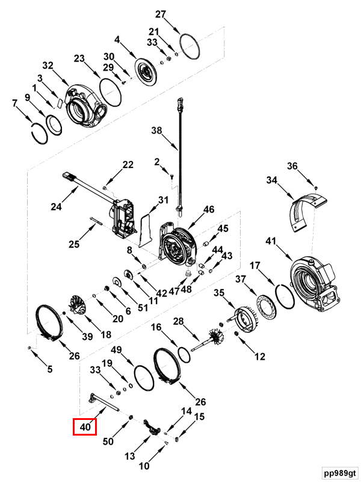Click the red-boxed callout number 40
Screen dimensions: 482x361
point(84,427)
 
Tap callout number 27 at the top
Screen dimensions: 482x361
point(160,14)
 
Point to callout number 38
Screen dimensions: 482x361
point(156,130)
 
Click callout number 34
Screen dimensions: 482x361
point(271,180)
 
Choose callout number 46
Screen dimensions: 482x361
point(208,210)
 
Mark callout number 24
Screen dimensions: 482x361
point(56,207)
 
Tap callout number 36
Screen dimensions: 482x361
point(292,166)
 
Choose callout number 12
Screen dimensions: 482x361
point(259,357)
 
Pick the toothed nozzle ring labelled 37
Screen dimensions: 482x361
point(265,307)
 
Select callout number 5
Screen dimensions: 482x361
point(50,369)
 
